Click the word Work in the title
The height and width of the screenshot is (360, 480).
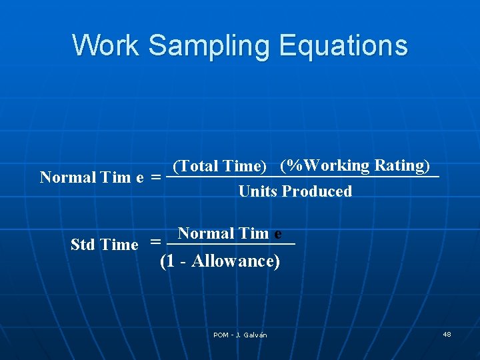click(x=105, y=45)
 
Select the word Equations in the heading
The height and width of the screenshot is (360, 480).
click(x=343, y=45)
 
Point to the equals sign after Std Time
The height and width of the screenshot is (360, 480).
click(x=155, y=243)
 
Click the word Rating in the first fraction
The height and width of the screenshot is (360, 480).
click(x=401, y=165)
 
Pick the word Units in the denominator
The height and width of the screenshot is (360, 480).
click(x=257, y=191)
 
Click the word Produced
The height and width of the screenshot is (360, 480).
click(x=317, y=191)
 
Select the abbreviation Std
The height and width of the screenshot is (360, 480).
click(x=83, y=245)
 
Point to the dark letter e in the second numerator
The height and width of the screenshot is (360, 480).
click(x=277, y=234)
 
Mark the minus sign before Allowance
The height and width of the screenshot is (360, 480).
click(x=183, y=261)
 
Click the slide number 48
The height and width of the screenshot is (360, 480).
click(x=447, y=334)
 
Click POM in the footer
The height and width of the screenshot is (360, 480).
click(x=221, y=335)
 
